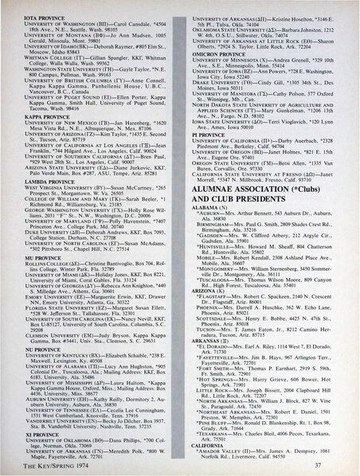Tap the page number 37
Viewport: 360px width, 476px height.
(x=338, y=462)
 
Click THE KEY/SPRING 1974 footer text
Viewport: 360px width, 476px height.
(x=47, y=463)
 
